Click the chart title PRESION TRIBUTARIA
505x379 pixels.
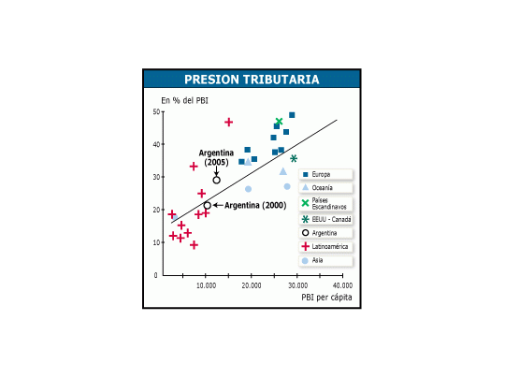[252, 80]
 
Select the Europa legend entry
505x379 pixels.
[325, 174]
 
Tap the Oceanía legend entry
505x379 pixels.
[325, 187]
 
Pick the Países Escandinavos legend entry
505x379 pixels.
[325, 203]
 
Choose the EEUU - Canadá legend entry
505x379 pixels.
[325, 220]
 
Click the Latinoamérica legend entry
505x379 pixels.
[325, 246]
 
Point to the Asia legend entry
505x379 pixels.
[325, 260]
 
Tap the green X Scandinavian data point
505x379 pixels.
[279, 122]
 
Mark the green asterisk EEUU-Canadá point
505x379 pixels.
[294, 158]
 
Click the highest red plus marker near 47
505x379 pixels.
[229, 123]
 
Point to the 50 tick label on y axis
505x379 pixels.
[156, 112]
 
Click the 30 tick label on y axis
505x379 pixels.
[156, 177]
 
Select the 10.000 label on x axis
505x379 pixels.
[206, 285]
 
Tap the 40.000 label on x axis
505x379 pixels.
[342, 285]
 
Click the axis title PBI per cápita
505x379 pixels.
[326, 298]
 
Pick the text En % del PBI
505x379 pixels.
[184, 100]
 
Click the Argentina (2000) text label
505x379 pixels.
[255, 205]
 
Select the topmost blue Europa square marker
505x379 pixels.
[292, 115]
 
